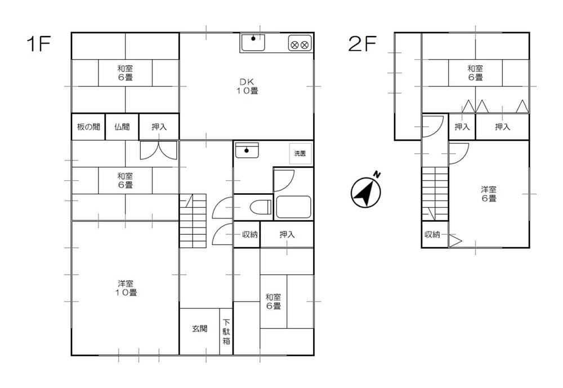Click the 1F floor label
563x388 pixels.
coord(38,44)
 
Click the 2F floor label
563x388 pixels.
coord(362,44)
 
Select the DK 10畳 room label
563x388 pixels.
coord(247,87)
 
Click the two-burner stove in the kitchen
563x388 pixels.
coord(300,44)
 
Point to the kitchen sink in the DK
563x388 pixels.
coord(253,43)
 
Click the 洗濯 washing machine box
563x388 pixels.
coord(300,153)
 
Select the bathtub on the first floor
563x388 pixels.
coord(293,207)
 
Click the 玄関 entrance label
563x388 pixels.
coord(200,328)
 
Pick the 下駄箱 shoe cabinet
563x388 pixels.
coord(226,332)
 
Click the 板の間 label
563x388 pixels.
coord(88,127)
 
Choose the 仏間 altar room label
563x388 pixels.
coord(122,127)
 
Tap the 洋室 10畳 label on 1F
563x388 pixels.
coord(126,288)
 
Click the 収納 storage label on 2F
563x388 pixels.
coord(432,234)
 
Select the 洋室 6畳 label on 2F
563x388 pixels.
coord(489,194)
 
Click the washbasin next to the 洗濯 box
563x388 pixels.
coord(247,150)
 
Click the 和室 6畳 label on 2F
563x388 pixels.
coord(475,73)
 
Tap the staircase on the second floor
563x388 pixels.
coord(435,194)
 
